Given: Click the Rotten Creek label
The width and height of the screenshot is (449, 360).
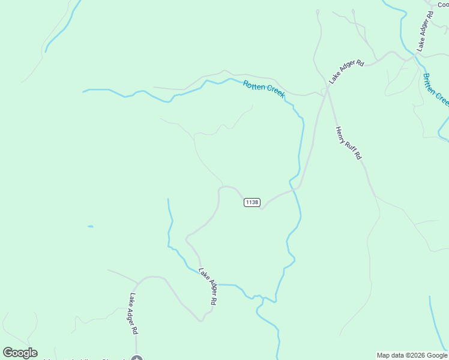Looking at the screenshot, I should (x=264, y=89).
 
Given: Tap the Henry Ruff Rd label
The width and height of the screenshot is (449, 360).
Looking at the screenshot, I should (x=349, y=143).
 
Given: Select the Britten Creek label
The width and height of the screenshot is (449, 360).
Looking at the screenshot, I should (x=436, y=89).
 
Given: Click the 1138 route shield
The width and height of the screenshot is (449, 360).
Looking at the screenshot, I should (x=252, y=203).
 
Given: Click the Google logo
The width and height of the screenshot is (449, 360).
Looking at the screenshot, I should (x=20, y=353).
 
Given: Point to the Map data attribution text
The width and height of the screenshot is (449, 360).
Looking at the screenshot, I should (x=412, y=355).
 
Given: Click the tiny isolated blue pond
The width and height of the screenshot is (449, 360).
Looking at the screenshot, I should (x=90, y=226).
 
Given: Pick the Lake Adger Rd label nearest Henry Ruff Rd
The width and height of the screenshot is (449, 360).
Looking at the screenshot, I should (x=346, y=71).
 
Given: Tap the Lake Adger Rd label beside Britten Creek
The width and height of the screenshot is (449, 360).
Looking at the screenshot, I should (x=425, y=30).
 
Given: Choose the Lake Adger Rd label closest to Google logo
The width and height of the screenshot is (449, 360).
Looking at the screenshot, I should (x=134, y=313).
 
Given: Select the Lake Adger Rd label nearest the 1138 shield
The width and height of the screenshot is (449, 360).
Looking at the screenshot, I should (x=207, y=287).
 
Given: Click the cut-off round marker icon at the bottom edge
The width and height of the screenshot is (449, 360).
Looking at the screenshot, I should (x=137, y=358).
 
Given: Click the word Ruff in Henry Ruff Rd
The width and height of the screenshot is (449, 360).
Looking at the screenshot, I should (x=350, y=144).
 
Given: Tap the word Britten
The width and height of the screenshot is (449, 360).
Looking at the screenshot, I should (x=430, y=83).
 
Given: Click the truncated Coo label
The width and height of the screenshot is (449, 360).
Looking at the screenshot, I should (x=443, y=5).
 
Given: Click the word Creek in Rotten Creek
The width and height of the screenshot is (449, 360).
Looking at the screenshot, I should (x=275, y=93).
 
